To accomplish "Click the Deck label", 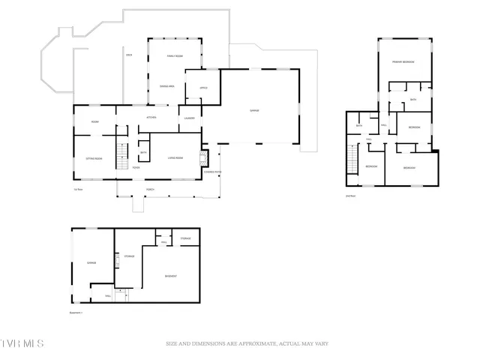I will [x=129, y=55].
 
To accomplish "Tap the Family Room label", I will [x=175, y=57].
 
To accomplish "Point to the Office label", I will [x=203, y=88].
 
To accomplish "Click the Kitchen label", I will [x=151, y=118].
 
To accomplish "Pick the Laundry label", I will [x=190, y=118].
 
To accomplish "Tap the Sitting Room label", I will [x=94, y=159].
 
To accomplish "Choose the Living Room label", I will [x=176, y=157].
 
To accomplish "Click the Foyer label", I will [x=136, y=168].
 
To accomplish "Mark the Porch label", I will [x=150, y=189].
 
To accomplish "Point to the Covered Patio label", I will [x=213, y=172].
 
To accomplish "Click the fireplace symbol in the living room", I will [x=201, y=158].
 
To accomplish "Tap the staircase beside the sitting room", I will [x=118, y=154].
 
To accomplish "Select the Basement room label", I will [x=171, y=277].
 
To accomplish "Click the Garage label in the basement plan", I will [x=91, y=262].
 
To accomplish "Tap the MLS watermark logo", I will [x=22, y=343].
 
